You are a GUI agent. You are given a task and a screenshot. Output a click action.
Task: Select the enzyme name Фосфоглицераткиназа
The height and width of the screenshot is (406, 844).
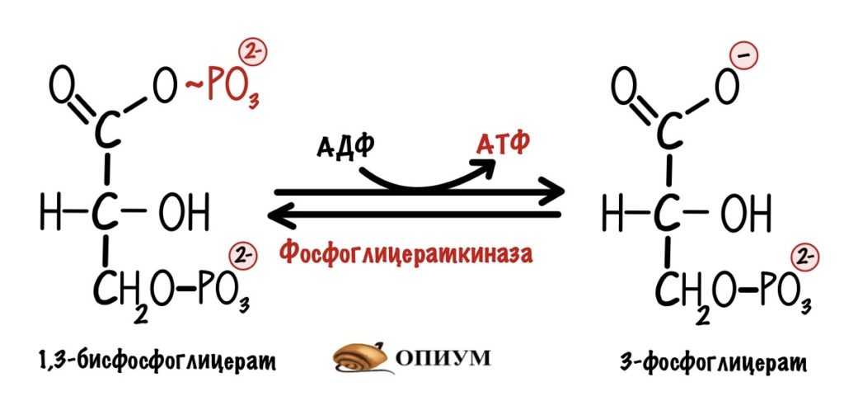pyautogui.click(x=407, y=253)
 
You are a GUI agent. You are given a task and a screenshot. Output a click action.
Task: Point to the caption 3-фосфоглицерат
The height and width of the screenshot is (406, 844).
pyautogui.click(x=713, y=361)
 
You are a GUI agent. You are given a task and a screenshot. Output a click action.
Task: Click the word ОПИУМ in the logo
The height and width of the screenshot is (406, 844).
pyautogui.click(x=444, y=357)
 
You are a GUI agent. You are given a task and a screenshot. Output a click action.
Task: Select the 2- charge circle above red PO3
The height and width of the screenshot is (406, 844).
pyautogui.click(x=253, y=54)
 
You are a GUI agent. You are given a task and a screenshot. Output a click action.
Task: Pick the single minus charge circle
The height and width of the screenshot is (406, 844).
pyautogui.click(x=744, y=56)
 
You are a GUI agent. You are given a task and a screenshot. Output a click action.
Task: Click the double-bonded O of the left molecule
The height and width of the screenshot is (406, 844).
pyautogui.click(x=61, y=86)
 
